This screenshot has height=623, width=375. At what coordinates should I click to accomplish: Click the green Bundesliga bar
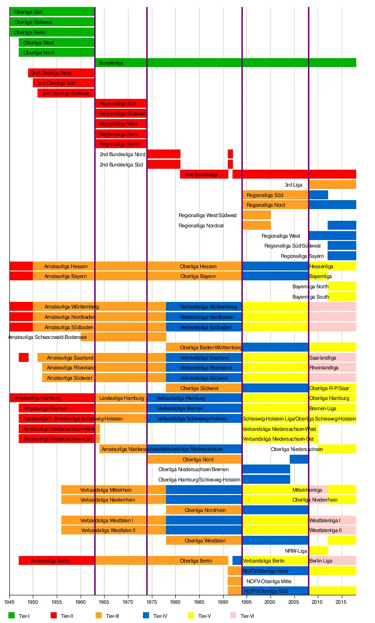pyautogui.click(x=225, y=63)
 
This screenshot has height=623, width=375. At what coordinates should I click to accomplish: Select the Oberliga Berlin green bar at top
pyautogui.click(x=52, y=32)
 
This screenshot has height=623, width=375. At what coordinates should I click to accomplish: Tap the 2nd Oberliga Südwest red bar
pyautogui.click(x=66, y=93)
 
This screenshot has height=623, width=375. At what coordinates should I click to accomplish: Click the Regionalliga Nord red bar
pyautogui.click(x=121, y=134)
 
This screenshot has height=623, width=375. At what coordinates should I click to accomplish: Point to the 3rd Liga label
pyautogui.click(x=293, y=185)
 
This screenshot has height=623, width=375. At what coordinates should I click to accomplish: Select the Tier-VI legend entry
pyautogui.click(x=244, y=615)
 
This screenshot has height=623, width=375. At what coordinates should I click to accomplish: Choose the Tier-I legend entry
pyautogui.click(x=19, y=615)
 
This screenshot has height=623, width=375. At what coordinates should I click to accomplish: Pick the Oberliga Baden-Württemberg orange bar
pyautogui.click(x=204, y=347)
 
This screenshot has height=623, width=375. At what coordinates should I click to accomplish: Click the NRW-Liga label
pyautogui.click(x=296, y=551)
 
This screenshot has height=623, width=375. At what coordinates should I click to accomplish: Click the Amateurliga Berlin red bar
pyautogui.click(x=56, y=561)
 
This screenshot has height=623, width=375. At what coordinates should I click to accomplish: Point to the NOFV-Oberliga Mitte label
pyautogui.click(x=269, y=581)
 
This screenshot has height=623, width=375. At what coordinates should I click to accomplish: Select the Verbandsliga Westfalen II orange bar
pyautogui.click(x=112, y=530)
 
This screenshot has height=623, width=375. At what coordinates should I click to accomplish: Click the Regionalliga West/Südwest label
pyautogui.click(x=208, y=215)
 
